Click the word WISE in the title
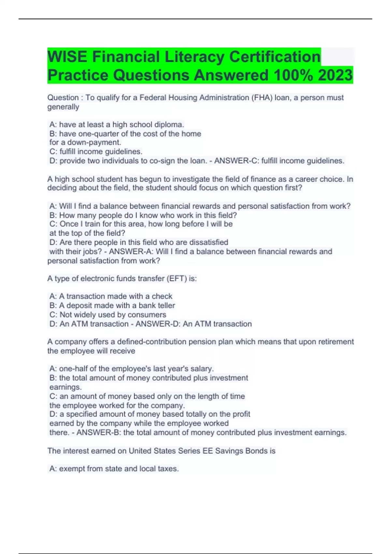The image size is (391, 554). (x=67, y=57)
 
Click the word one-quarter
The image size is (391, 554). (x=96, y=134)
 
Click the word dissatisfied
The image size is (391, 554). (x=209, y=242)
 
